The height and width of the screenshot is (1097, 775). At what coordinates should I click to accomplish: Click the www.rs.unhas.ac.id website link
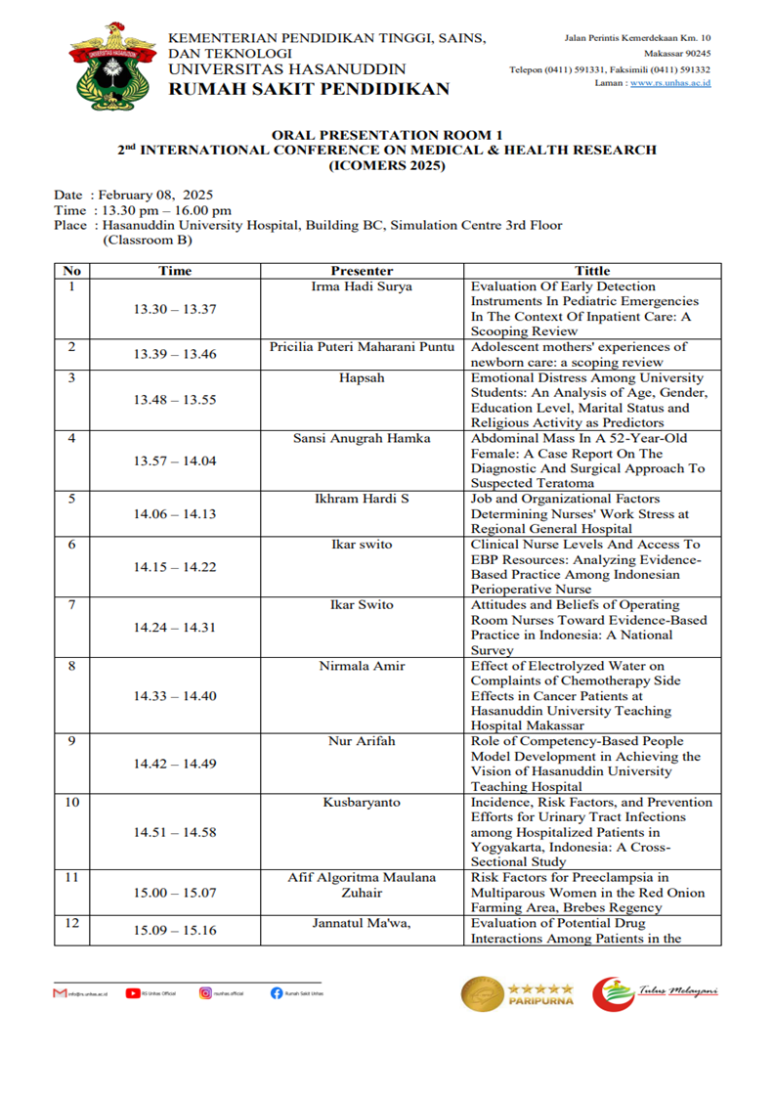point(670,84)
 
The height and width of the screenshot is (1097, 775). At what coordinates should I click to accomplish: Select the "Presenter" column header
point(361,271)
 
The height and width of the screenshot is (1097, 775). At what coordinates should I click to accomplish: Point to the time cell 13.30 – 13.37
point(175,309)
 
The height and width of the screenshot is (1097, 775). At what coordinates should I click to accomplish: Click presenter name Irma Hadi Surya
point(361,286)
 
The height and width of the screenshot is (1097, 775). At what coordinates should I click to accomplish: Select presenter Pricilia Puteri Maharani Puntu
point(361,346)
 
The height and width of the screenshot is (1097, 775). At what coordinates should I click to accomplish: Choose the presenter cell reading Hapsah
point(361,377)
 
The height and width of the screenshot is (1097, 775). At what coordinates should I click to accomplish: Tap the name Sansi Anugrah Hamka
point(361,438)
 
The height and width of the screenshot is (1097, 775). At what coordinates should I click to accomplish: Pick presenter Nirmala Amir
point(361,666)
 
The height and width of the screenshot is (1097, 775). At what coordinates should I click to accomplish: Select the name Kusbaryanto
point(361,802)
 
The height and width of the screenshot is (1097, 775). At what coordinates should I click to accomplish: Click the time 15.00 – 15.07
point(175,893)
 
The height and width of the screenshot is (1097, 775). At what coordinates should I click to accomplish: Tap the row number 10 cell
point(71,802)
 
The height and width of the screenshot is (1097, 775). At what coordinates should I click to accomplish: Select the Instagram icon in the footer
point(205,993)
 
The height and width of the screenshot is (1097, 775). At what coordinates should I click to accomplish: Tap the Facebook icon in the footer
point(278,993)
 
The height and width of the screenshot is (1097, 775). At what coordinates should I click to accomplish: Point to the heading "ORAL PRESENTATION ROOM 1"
point(387,135)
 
